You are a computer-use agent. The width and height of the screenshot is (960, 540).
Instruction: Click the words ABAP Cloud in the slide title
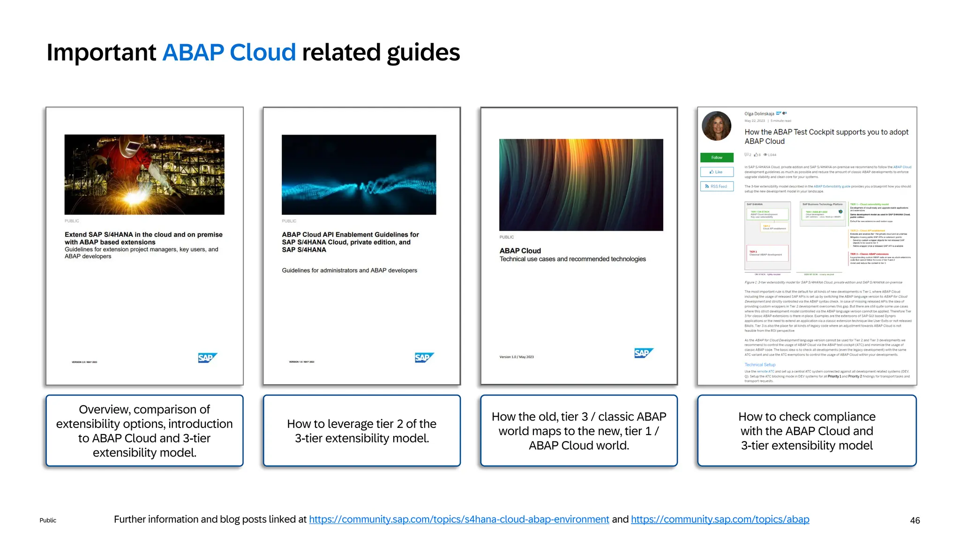click(x=229, y=52)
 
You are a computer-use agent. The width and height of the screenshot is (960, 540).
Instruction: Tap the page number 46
click(x=915, y=520)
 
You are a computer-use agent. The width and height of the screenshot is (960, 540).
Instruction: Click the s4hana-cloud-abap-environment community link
click(x=459, y=519)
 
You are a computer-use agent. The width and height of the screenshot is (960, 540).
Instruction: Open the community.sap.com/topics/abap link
click(x=720, y=519)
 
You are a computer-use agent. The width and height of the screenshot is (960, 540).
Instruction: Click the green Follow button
click(x=717, y=157)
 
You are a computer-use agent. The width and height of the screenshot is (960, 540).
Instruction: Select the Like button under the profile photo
click(x=717, y=172)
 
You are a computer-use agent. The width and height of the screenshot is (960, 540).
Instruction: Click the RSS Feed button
click(x=717, y=187)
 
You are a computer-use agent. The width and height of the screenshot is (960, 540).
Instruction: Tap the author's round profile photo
click(x=716, y=126)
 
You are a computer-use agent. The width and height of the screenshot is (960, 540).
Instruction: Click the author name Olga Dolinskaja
click(x=759, y=114)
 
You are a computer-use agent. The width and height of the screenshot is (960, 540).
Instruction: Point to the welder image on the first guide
click(x=144, y=174)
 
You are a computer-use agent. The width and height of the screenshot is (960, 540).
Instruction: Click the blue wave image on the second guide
click(x=359, y=174)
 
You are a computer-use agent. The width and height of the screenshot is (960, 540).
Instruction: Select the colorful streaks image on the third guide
click(x=581, y=185)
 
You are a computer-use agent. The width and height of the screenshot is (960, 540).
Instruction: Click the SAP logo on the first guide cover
click(x=207, y=358)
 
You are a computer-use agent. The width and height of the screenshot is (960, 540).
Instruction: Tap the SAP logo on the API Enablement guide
click(x=424, y=358)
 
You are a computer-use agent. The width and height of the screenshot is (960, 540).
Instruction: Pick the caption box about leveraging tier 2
click(x=361, y=431)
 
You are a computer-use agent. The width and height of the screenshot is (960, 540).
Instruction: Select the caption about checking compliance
click(x=807, y=431)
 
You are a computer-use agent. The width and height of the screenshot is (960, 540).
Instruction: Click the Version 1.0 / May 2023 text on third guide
click(x=517, y=357)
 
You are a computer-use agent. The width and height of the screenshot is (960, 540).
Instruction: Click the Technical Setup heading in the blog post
click(x=760, y=365)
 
